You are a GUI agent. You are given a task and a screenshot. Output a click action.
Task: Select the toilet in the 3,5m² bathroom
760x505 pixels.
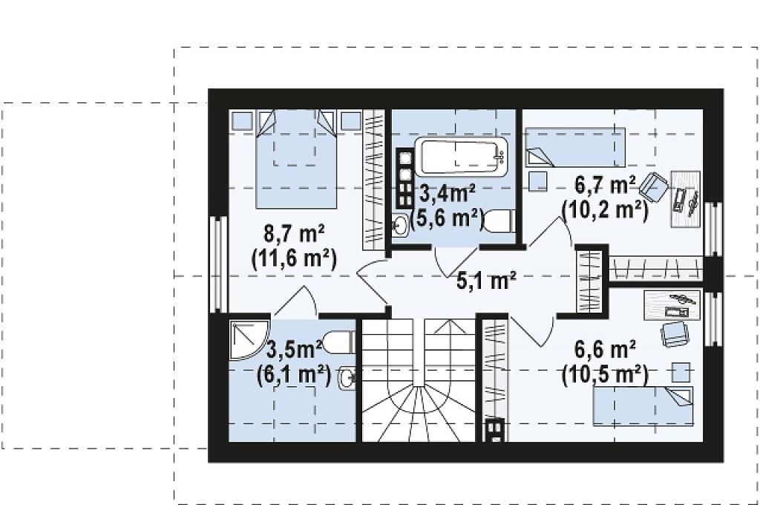click(339, 342)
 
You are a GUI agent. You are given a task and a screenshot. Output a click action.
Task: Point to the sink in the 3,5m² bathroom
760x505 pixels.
click(347, 378)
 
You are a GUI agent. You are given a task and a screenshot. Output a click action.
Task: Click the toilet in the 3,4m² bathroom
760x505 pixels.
click(499, 221)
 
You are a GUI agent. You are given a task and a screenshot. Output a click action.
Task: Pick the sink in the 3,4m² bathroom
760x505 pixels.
click(400, 224)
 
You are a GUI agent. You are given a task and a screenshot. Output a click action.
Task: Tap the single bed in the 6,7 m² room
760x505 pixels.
click(575, 147)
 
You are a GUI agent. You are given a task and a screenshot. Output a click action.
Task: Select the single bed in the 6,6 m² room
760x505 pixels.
click(643, 406)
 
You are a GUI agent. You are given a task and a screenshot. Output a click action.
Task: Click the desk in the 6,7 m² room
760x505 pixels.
click(685, 199)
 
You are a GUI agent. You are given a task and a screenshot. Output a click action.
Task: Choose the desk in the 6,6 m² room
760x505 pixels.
click(672, 305)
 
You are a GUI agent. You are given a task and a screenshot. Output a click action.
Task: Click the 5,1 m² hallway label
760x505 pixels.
click(486, 281)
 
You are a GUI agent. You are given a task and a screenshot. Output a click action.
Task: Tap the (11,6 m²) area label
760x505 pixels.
click(294, 258)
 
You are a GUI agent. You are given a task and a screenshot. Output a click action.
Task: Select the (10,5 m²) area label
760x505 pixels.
click(605, 374)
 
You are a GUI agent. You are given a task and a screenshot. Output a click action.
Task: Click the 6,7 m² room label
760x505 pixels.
click(605, 186)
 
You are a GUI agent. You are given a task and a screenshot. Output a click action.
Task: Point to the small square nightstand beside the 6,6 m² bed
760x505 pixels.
click(681, 373)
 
